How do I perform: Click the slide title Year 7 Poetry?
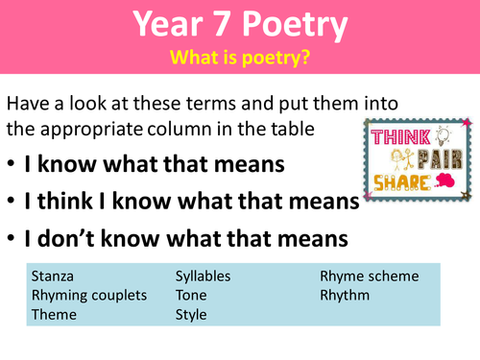(239, 26)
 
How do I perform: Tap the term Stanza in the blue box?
(53, 276)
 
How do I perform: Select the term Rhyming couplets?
(89, 295)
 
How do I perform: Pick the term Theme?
(54, 314)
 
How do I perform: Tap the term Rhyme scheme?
(369, 276)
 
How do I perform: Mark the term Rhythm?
(345, 295)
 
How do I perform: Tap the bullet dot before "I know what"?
(12, 165)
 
